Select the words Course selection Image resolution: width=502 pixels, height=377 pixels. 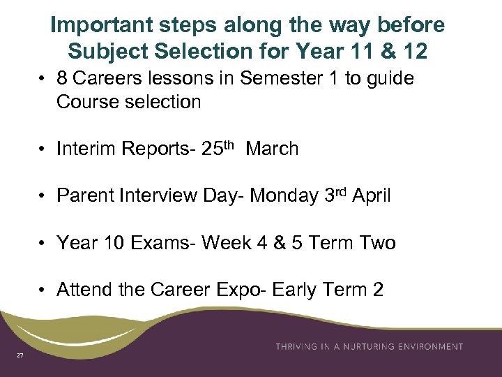click(x=128, y=102)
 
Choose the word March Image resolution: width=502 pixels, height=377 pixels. click(x=272, y=149)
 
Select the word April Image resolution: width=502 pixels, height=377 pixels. click(x=372, y=196)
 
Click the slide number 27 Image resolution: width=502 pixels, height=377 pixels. click(x=20, y=356)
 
